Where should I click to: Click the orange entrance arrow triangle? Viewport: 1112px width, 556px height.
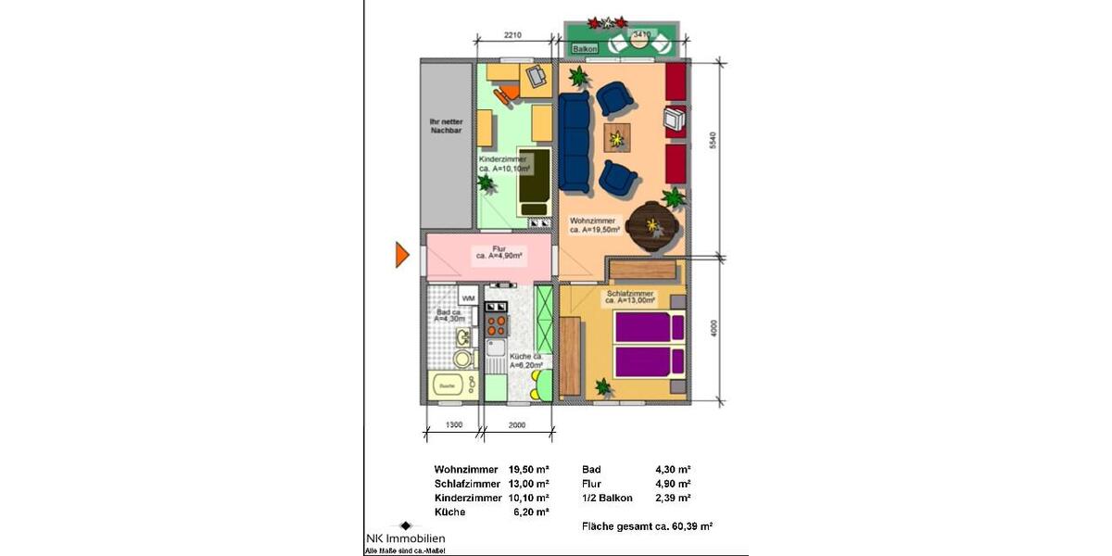(402, 254)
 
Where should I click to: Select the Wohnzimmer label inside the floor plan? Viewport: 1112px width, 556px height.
(594, 225)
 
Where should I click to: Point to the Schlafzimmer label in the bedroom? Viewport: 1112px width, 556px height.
(630, 297)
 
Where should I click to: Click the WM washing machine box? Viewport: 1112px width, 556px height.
(467, 298)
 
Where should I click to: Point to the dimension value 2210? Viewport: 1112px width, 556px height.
(513, 35)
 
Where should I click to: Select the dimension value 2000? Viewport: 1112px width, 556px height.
(517, 424)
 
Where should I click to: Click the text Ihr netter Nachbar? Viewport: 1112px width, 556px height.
(446, 126)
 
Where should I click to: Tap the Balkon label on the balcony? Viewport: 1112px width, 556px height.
(585, 48)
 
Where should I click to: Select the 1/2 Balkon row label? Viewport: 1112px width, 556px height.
(606, 498)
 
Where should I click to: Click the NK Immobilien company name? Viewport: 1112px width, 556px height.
(404, 539)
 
